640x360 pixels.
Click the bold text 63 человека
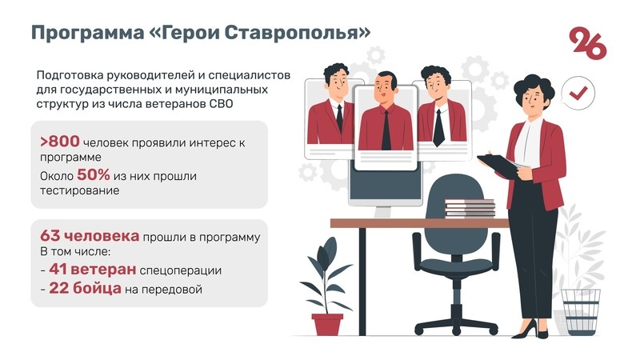(x=90, y=237)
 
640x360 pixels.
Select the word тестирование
(x=79, y=191)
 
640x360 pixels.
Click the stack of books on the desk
(x=470, y=209)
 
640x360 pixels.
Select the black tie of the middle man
(x=386, y=128)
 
